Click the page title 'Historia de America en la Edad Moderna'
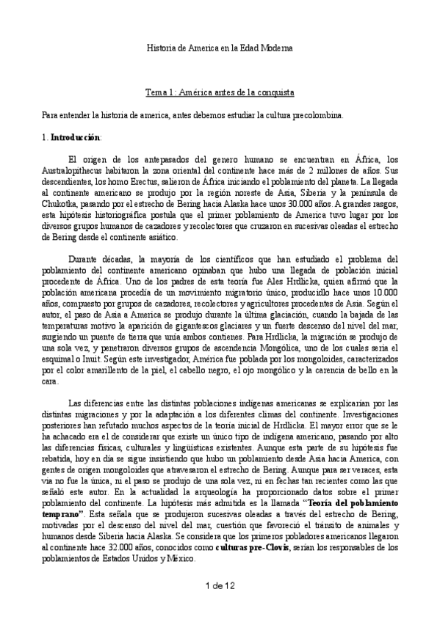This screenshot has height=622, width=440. click(220, 48)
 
